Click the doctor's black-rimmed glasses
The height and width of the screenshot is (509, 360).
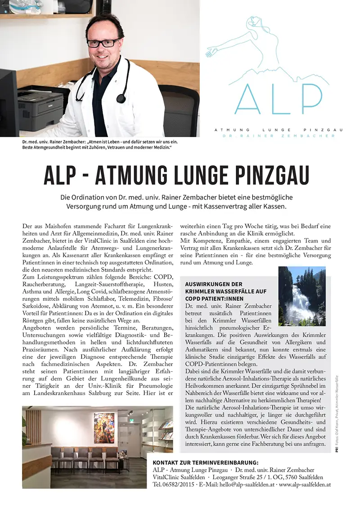pyautogui.click(x=104, y=43)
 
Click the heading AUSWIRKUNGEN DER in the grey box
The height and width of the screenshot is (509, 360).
pyautogui.click(x=214, y=284)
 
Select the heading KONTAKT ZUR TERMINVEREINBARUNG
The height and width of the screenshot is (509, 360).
pyautogui.click(x=206, y=462)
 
